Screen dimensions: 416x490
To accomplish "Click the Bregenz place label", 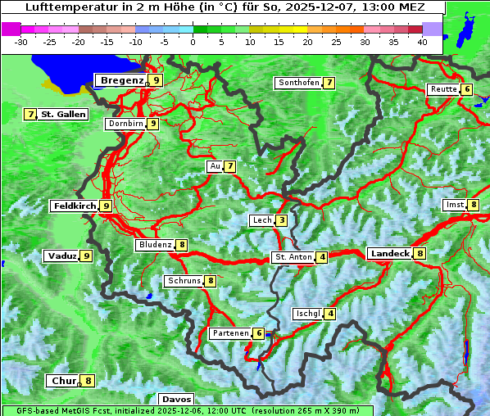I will point(122,80).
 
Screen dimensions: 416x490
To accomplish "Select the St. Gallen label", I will point(63,115).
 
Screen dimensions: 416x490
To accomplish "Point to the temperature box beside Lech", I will point(282,220).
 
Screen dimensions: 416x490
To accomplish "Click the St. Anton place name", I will point(293,257).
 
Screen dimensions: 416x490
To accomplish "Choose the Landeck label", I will point(389,254).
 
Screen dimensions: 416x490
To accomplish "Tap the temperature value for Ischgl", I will point(330,314).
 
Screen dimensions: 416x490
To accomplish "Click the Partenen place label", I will point(229,333).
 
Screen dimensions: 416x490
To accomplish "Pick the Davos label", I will point(176,399).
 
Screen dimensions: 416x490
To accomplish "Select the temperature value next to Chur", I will point(88,381).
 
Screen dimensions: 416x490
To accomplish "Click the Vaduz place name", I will point(62,255).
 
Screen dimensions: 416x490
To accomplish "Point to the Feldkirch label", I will point(75,206).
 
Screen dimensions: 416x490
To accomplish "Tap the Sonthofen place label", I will point(298,83).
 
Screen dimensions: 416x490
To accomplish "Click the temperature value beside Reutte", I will point(467,89).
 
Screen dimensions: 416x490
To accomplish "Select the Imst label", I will point(454,205).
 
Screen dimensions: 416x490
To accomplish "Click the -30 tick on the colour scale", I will point(20,42).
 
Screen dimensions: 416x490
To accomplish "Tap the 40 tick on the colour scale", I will point(422,42).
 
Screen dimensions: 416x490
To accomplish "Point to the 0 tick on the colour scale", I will point(193,42).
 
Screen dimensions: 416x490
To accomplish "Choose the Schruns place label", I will point(184,282).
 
